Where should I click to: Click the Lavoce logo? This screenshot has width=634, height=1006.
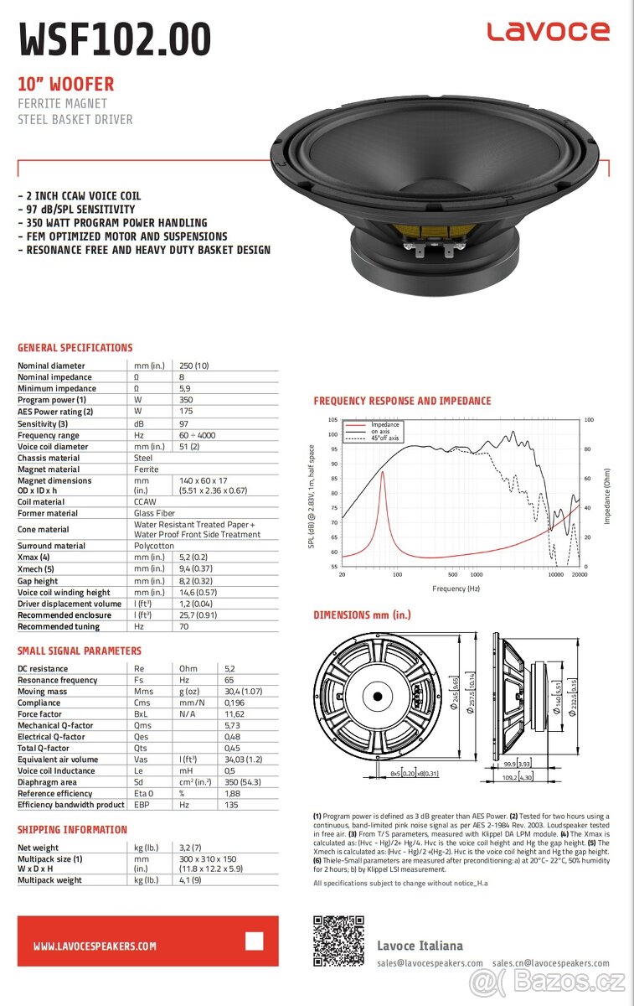tap(549, 32)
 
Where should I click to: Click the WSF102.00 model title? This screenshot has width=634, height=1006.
tap(115, 39)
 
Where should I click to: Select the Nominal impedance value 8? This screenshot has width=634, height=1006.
tap(183, 377)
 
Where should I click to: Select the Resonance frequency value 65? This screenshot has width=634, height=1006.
tap(229, 680)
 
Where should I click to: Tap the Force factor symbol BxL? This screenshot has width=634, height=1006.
tap(144, 714)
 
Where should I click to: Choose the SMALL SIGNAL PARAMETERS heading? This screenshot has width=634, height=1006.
tap(80, 651)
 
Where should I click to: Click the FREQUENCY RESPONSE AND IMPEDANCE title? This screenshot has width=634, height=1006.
tap(402, 401)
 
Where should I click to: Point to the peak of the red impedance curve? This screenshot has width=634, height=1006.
tap(383, 472)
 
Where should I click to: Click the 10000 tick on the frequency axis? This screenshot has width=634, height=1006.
tap(554, 575)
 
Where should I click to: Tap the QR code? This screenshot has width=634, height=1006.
tap(338, 941)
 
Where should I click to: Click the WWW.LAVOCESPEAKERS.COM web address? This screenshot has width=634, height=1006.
tap(95, 946)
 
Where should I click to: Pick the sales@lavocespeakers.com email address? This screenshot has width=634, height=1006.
tap(430, 963)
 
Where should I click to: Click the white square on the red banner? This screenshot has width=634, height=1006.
tap(254, 941)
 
